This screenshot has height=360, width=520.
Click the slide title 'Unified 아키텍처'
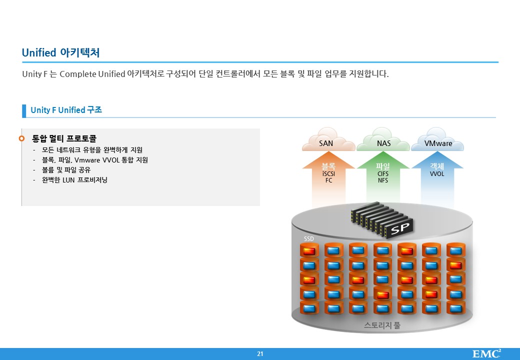click(x=60, y=52)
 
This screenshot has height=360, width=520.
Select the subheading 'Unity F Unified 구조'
click(x=66, y=110)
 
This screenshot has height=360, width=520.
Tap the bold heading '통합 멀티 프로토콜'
click(x=64, y=138)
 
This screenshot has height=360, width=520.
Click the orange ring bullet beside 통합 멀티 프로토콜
click(x=22, y=138)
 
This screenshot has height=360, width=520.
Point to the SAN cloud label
click(x=326, y=143)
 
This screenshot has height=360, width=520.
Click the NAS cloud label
click(x=383, y=143)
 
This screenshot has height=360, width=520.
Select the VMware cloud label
click(x=438, y=143)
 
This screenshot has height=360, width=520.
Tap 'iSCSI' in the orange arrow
click(x=328, y=173)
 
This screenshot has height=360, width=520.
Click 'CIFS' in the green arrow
click(x=383, y=173)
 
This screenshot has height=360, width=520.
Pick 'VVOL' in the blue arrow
click(x=437, y=173)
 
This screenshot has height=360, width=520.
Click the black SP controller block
click(x=381, y=220)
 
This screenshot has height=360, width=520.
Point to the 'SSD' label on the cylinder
click(x=309, y=238)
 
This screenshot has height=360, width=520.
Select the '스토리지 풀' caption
click(x=382, y=325)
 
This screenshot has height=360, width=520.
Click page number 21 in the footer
click(x=260, y=353)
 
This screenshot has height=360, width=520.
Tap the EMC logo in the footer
click(x=486, y=353)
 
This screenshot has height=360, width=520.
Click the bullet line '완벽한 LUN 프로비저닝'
click(x=74, y=180)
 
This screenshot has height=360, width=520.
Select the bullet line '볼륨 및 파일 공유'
click(x=66, y=170)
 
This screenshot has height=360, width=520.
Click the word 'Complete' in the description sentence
click(x=78, y=74)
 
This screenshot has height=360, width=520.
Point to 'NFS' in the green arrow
click(x=383, y=180)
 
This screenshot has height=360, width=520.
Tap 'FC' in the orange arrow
click(x=328, y=180)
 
